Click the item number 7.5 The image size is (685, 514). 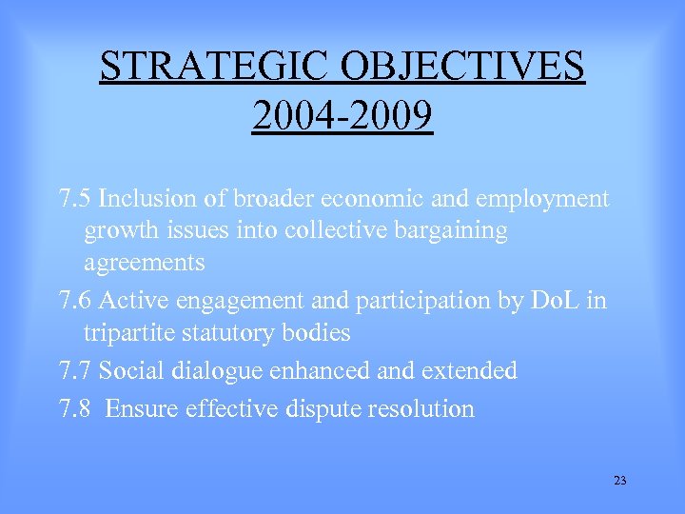tap(75, 199)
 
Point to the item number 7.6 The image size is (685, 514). tap(75, 302)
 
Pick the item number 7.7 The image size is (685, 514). tap(75, 370)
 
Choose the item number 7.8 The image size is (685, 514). tap(75, 408)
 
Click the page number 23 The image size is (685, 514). tap(620, 481)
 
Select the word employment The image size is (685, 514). tap(543, 199)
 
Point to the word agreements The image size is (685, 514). tap(144, 262)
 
